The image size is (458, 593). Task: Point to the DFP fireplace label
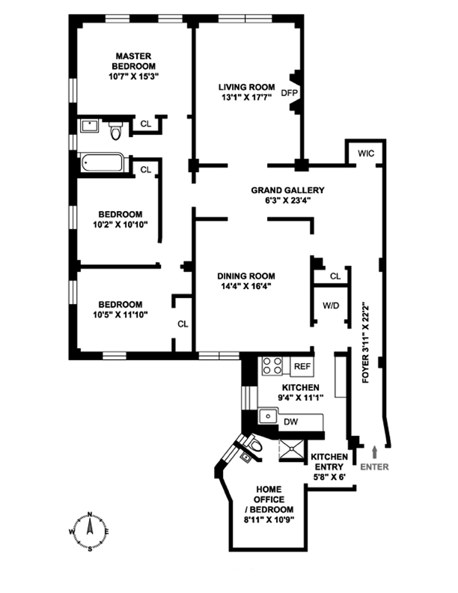click(x=288, y=94)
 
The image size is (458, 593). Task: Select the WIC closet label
click(x=365, y=153)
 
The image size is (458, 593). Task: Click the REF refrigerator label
click(x=302, y=366)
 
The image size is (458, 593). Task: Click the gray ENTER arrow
click(x=374, y=451)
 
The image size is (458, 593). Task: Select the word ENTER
click(x=374, y=466)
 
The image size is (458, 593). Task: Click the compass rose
click(x=90, y=530)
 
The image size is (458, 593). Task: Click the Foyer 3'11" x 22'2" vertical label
click(x=366, y=344)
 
